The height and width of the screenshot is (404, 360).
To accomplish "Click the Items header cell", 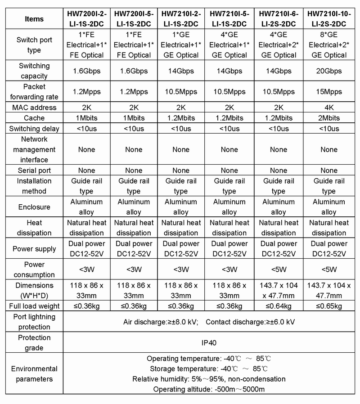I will pos(35,19).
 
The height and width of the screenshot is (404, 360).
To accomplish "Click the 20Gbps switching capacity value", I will pos(329,71).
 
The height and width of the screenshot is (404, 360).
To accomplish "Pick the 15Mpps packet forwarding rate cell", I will pos(329,92).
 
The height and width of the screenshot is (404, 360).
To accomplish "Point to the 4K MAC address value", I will pos(329,108).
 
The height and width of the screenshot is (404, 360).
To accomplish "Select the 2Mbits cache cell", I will pos(329,118).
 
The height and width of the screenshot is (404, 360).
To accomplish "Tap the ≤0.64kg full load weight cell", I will pos(279,306).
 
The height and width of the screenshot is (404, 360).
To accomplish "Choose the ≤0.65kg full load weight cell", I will pos(329,306).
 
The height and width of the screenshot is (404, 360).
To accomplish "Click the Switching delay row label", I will pos(35,129).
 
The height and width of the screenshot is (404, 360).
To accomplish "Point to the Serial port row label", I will pos(35,171).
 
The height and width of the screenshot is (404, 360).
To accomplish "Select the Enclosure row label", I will pos(35,207).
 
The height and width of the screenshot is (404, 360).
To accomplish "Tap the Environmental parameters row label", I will pos(35,373).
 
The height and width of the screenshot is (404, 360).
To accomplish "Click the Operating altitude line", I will pos(209,389).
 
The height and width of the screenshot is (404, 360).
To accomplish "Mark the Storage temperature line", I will pos(209,369).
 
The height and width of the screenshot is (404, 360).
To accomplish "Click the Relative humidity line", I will pos(209,379).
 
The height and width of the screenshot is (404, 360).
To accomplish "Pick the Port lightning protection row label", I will pos(35,322).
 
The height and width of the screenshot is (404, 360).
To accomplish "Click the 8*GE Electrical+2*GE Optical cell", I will pos(329,45).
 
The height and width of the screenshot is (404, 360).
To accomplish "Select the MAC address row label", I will pos(35,108).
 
